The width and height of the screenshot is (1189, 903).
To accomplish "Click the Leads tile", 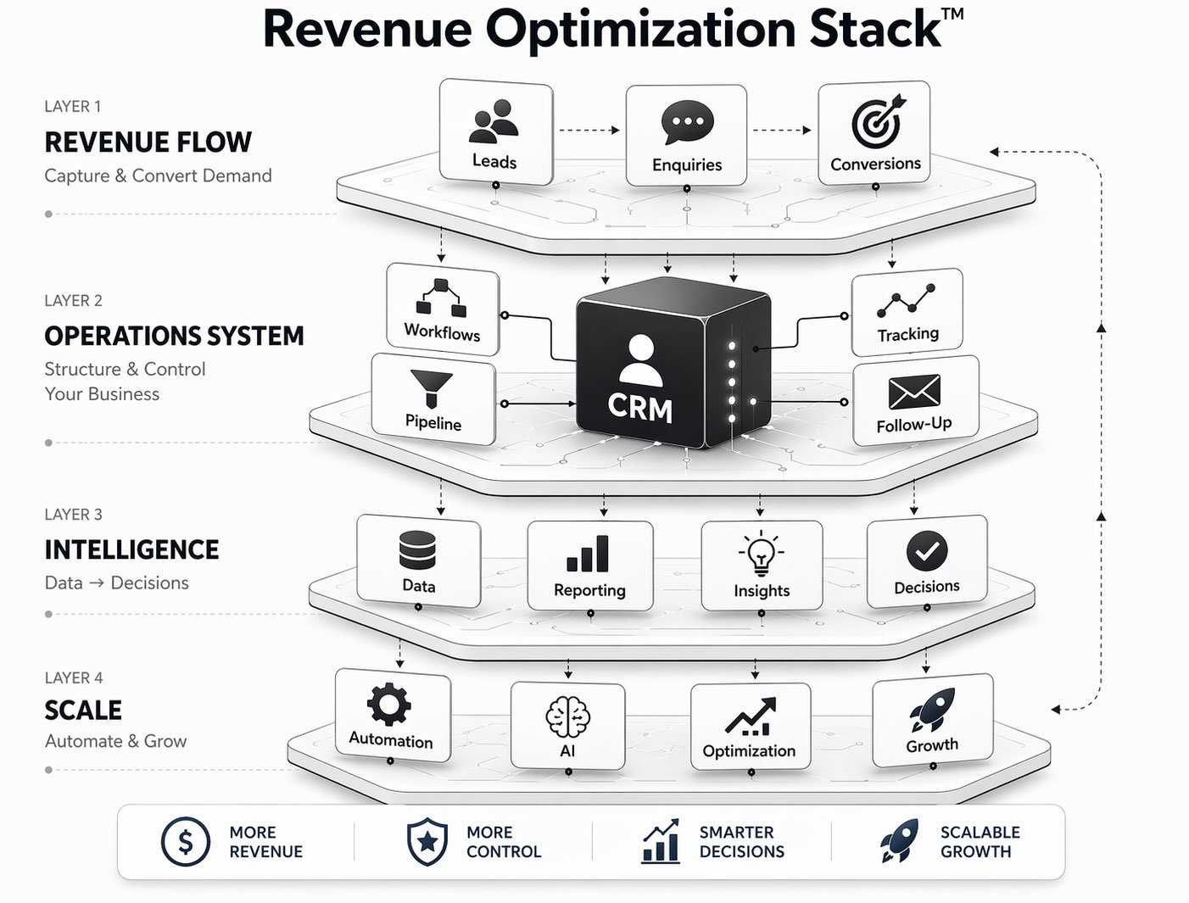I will click(x=495, y=131).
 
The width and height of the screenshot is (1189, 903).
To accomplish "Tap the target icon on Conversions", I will click(x=877, y=122).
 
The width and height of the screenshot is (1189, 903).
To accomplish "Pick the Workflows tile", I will click(x=443, y=309).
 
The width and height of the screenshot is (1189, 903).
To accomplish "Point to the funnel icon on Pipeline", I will click(x=431, y=388).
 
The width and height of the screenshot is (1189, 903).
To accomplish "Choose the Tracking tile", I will click(x=907, y=312).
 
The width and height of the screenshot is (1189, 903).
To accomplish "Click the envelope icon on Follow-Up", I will click(x=913, y=392).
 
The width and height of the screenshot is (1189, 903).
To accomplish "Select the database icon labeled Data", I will click(x=417, y=551).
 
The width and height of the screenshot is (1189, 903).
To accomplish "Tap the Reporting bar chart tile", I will click(x=589, y=565).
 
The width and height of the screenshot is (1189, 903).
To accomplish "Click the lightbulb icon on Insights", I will click(x=761, y=554).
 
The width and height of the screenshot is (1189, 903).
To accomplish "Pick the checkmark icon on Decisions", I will click(x=926, y=551).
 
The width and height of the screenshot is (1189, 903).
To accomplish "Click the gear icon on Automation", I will click(x=389, y=704).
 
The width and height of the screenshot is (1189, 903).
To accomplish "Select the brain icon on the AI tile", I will click(x=567, y=717).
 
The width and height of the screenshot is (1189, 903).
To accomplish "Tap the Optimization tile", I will click(x=750, y=726).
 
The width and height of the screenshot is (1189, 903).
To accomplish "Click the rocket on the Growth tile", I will click(x=933, y=710).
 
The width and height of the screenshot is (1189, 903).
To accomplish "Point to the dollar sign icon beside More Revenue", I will click(x=185, y=841).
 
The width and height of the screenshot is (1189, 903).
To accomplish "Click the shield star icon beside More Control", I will click(x=427, y=841).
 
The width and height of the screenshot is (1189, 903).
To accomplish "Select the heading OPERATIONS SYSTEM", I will click(x=174, y=336).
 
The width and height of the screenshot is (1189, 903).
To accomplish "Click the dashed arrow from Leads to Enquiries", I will click(x=589, y=130).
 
